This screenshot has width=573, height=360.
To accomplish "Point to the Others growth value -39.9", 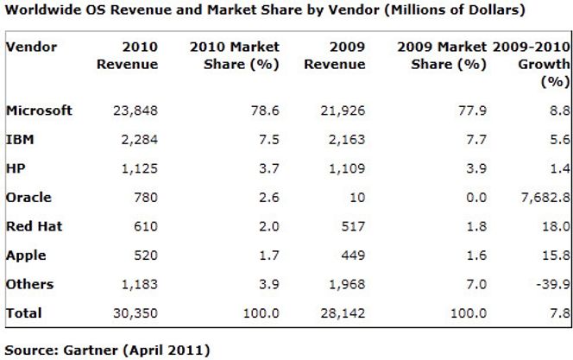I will [551, 284].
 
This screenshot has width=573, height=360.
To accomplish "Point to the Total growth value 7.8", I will [558, 313].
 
